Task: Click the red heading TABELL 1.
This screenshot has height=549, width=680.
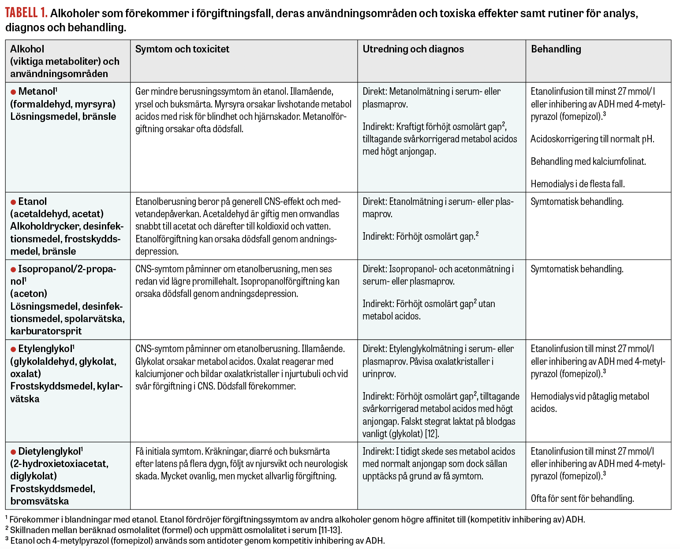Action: [x=26, y=13]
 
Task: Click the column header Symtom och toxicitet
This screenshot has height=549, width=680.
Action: [x=182, y=49]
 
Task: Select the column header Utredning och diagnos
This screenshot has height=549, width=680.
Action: [x=413, y=49]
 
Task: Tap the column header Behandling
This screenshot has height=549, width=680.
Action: [x=556, y=49]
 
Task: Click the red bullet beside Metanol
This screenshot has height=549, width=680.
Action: [x=13, y=92]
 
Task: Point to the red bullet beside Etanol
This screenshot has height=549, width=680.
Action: [x=13, y=202]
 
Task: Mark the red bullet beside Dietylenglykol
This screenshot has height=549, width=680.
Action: [x=13, y=452]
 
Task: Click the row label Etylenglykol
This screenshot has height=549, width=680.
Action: [x=45, y=349]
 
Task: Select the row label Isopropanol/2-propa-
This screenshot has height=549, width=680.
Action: [x=67, y=269]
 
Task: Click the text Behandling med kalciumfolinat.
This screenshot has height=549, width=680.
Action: [x=588, y=161]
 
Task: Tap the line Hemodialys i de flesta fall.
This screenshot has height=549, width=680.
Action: [x=577, y=184]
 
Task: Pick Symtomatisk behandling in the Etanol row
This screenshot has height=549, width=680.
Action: [x=577, y=202]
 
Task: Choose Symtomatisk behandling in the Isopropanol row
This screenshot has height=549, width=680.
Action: [x=577, y=269]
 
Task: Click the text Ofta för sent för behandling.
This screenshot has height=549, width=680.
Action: [x=582, y=498]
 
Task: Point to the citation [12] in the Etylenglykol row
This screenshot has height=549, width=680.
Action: [x=432, y=434]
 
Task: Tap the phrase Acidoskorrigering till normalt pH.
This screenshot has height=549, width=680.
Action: [x=592, y=139]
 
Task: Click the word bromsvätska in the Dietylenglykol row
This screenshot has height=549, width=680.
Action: [x=40, y=501]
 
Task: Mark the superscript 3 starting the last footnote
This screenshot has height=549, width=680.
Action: [x=7, y=538]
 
